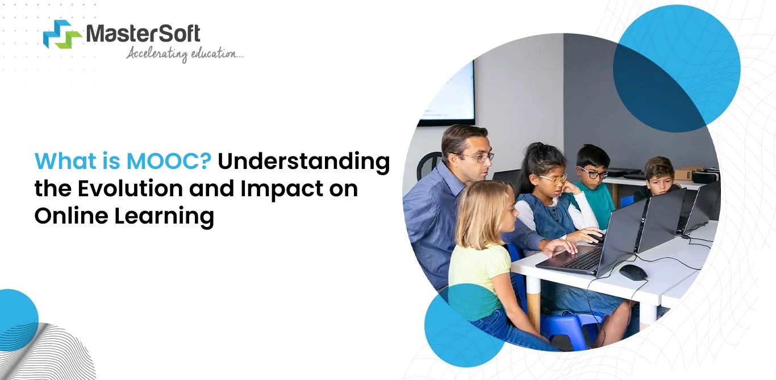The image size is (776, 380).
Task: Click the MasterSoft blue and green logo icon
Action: pyautogui.click(x=62, y=34)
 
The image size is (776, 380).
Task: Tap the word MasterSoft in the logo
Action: pyautogui.click(x=143, y=34)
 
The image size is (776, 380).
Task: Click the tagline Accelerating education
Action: pyautogui.click(x=185, y=54)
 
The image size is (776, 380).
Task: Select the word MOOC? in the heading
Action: pyautogui.click(x=169, y=162)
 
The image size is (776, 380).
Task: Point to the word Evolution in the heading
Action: pyautogui.click(x=131, y=188)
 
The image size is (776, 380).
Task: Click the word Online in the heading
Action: pyautogui.click(x=72, y=216)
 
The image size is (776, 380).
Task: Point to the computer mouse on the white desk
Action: pyautogui.click(x=633, y=272)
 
